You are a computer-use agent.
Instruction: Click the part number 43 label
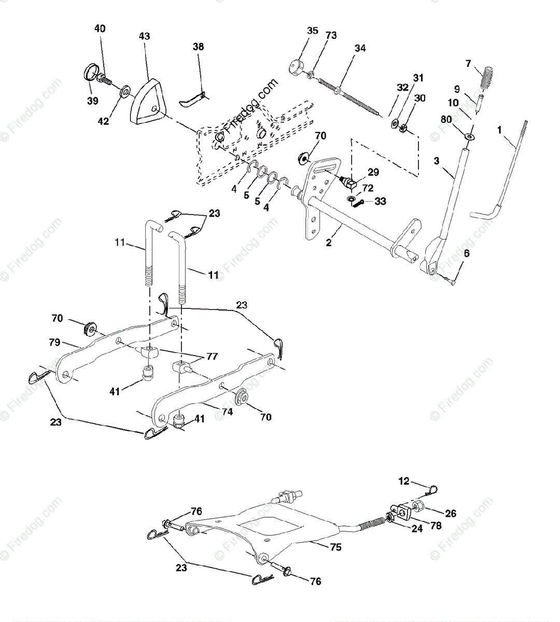click(x=145, y=36)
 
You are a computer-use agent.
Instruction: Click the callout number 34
click(x=360, y=49)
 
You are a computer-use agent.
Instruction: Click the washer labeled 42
click(x=125, y=93)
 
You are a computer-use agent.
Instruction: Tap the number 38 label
click(x=198, y=47)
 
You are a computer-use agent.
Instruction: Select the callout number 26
click(x=451, y=514)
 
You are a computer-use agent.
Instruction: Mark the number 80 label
click(x=446, y=119)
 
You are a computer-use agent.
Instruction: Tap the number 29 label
click(x=373, y=172)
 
